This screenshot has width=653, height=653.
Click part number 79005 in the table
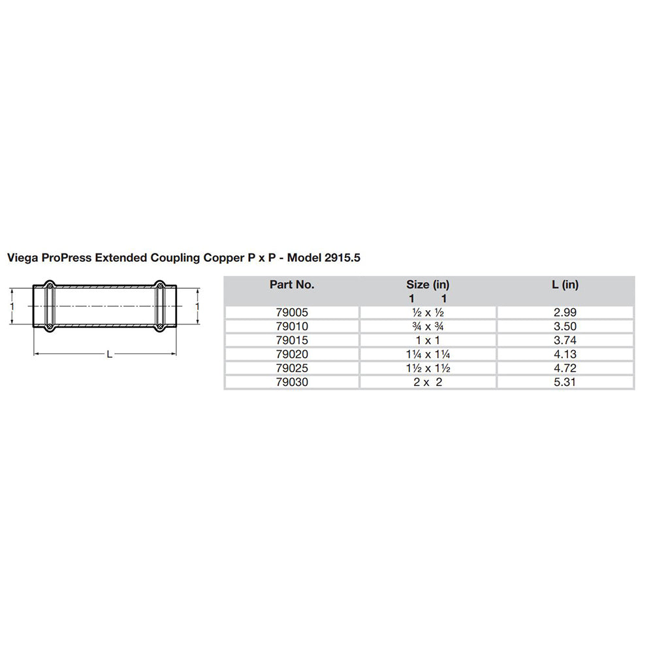coord(292,312)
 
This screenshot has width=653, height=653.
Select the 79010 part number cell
coord(292,326)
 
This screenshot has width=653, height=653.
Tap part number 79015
coord(292,340)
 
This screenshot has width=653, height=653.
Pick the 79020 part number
coord(292,354)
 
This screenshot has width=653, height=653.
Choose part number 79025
coord(292,368)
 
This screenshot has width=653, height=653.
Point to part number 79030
coord(292,382)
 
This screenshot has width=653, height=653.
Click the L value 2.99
coord(565,312)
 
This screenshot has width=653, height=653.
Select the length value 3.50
coord(565,326)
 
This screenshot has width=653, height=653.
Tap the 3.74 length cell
coord(565,340)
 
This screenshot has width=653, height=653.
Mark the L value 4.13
coord(565,354)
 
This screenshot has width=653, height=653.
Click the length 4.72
coord(565,368)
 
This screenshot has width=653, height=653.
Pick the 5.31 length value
coord(565,382)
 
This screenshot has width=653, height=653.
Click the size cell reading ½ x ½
coord(428,312)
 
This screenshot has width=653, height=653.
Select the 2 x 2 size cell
coord(428,382)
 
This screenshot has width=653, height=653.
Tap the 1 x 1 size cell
coord(428,340)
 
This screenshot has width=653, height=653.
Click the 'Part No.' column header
coord(292,285)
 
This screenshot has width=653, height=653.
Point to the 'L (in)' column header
coord(565,285)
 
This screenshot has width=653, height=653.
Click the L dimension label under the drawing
coord(109,355)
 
